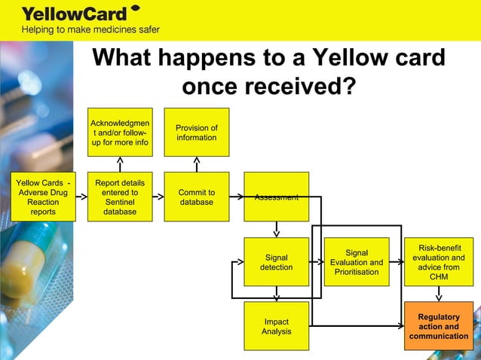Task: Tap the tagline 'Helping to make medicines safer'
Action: pos(90,30)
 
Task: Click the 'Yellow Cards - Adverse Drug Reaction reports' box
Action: pos(43,197)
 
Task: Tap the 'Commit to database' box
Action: pos(196,197)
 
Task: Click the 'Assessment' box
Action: pos(276,197)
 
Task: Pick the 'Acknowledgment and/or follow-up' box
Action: pos(119,132)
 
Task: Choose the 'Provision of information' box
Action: pos(196,132)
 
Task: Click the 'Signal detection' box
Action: pos(276,261)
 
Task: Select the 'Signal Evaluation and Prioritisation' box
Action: pos(357,261)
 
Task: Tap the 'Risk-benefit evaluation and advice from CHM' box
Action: pos(439,261)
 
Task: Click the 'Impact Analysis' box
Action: pos(276,325)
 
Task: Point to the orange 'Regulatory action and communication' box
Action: pos(439,326)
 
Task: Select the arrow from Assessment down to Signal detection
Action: pos(277,228)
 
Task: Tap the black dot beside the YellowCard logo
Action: pos(135,8)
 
